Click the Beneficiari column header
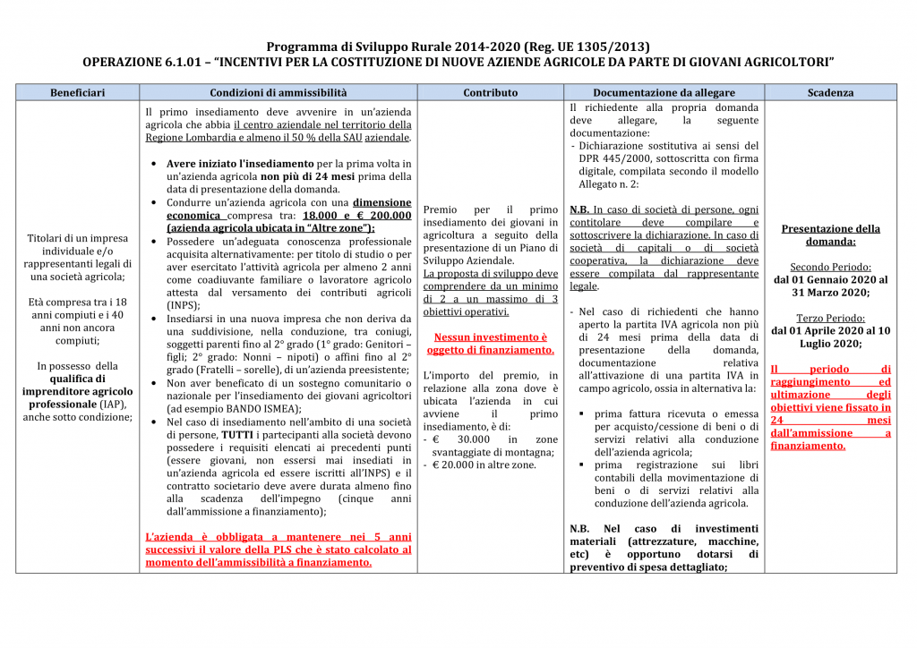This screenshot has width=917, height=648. click(77, 92)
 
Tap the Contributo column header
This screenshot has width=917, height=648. click(490, 92)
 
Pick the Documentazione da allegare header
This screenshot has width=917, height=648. click(664, 92)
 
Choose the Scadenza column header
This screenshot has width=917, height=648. click(830, 92)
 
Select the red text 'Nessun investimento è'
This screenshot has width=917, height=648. click(490, 337)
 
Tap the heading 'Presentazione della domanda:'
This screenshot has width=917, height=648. click(830, 235)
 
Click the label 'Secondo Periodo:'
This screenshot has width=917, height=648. click(830, 267)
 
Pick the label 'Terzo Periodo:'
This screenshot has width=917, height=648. click(830, 318)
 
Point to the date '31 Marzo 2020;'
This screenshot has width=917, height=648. click(830, 292)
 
